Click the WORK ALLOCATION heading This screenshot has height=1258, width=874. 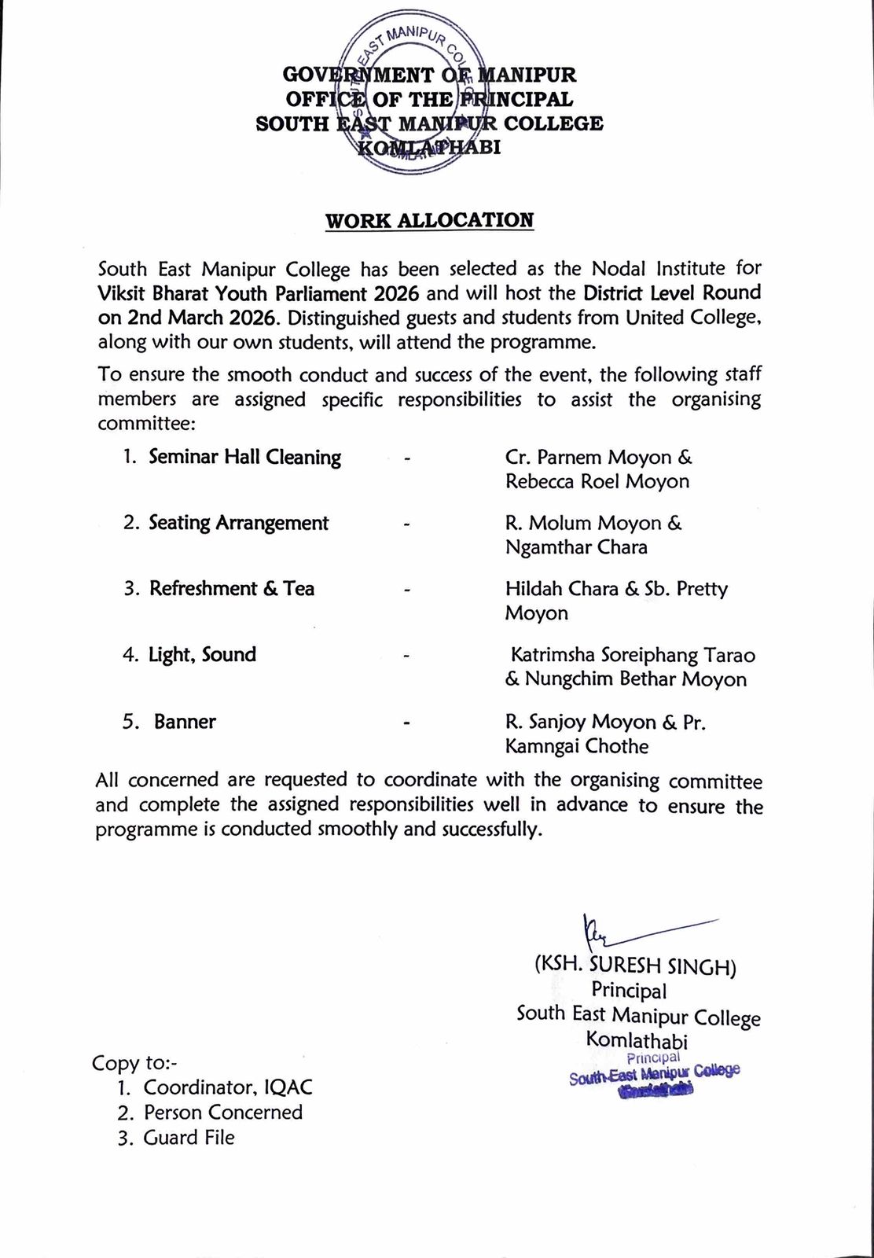[430, 220]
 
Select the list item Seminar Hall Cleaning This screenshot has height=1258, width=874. [244, 458]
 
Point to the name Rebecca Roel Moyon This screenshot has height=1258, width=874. [597, 481]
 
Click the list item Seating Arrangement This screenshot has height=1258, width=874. [238, 523]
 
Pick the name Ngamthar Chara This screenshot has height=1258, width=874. [576, 547]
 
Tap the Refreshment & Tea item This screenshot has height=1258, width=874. [232, 589]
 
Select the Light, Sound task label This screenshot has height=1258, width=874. [202, 655]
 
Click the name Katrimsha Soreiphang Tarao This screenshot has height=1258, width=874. [633, 655]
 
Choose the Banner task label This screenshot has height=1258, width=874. [185, 722]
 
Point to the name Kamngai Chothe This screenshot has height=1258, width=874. [577, 746]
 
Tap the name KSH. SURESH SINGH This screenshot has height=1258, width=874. [635, 966]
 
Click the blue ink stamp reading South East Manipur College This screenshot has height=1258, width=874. [655, 1073]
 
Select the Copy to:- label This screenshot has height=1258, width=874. [135, 1063]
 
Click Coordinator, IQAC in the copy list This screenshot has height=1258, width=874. [227, 1087]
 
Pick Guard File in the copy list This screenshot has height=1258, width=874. [189, 1137]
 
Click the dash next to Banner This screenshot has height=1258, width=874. [406, 723]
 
